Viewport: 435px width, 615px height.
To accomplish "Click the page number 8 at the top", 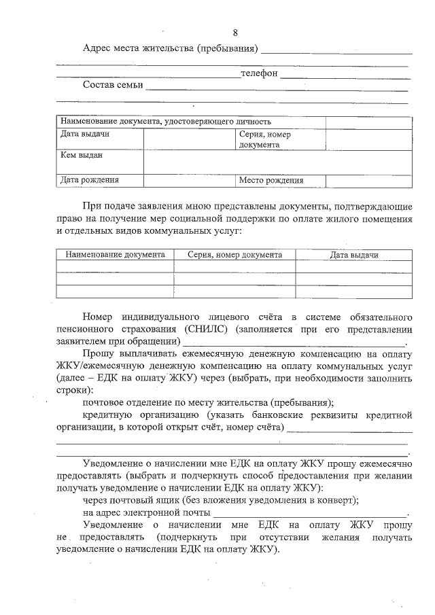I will point(235,33).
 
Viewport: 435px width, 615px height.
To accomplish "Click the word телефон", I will point(260,73).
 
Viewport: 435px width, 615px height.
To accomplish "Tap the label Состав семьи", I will point(113,85).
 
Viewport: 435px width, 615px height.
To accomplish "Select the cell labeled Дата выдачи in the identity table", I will point(85,134).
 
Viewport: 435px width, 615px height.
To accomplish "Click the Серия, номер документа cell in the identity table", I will point(265,139).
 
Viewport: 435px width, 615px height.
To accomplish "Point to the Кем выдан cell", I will point(82,155).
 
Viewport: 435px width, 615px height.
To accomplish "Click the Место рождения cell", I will point(271,181).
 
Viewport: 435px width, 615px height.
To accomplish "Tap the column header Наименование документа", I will point(115,255).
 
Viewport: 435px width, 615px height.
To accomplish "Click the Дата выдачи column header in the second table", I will point(353,255).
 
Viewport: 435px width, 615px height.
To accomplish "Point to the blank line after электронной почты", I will point(310,513).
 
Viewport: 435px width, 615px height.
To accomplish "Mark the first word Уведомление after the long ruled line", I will point(113,463).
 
